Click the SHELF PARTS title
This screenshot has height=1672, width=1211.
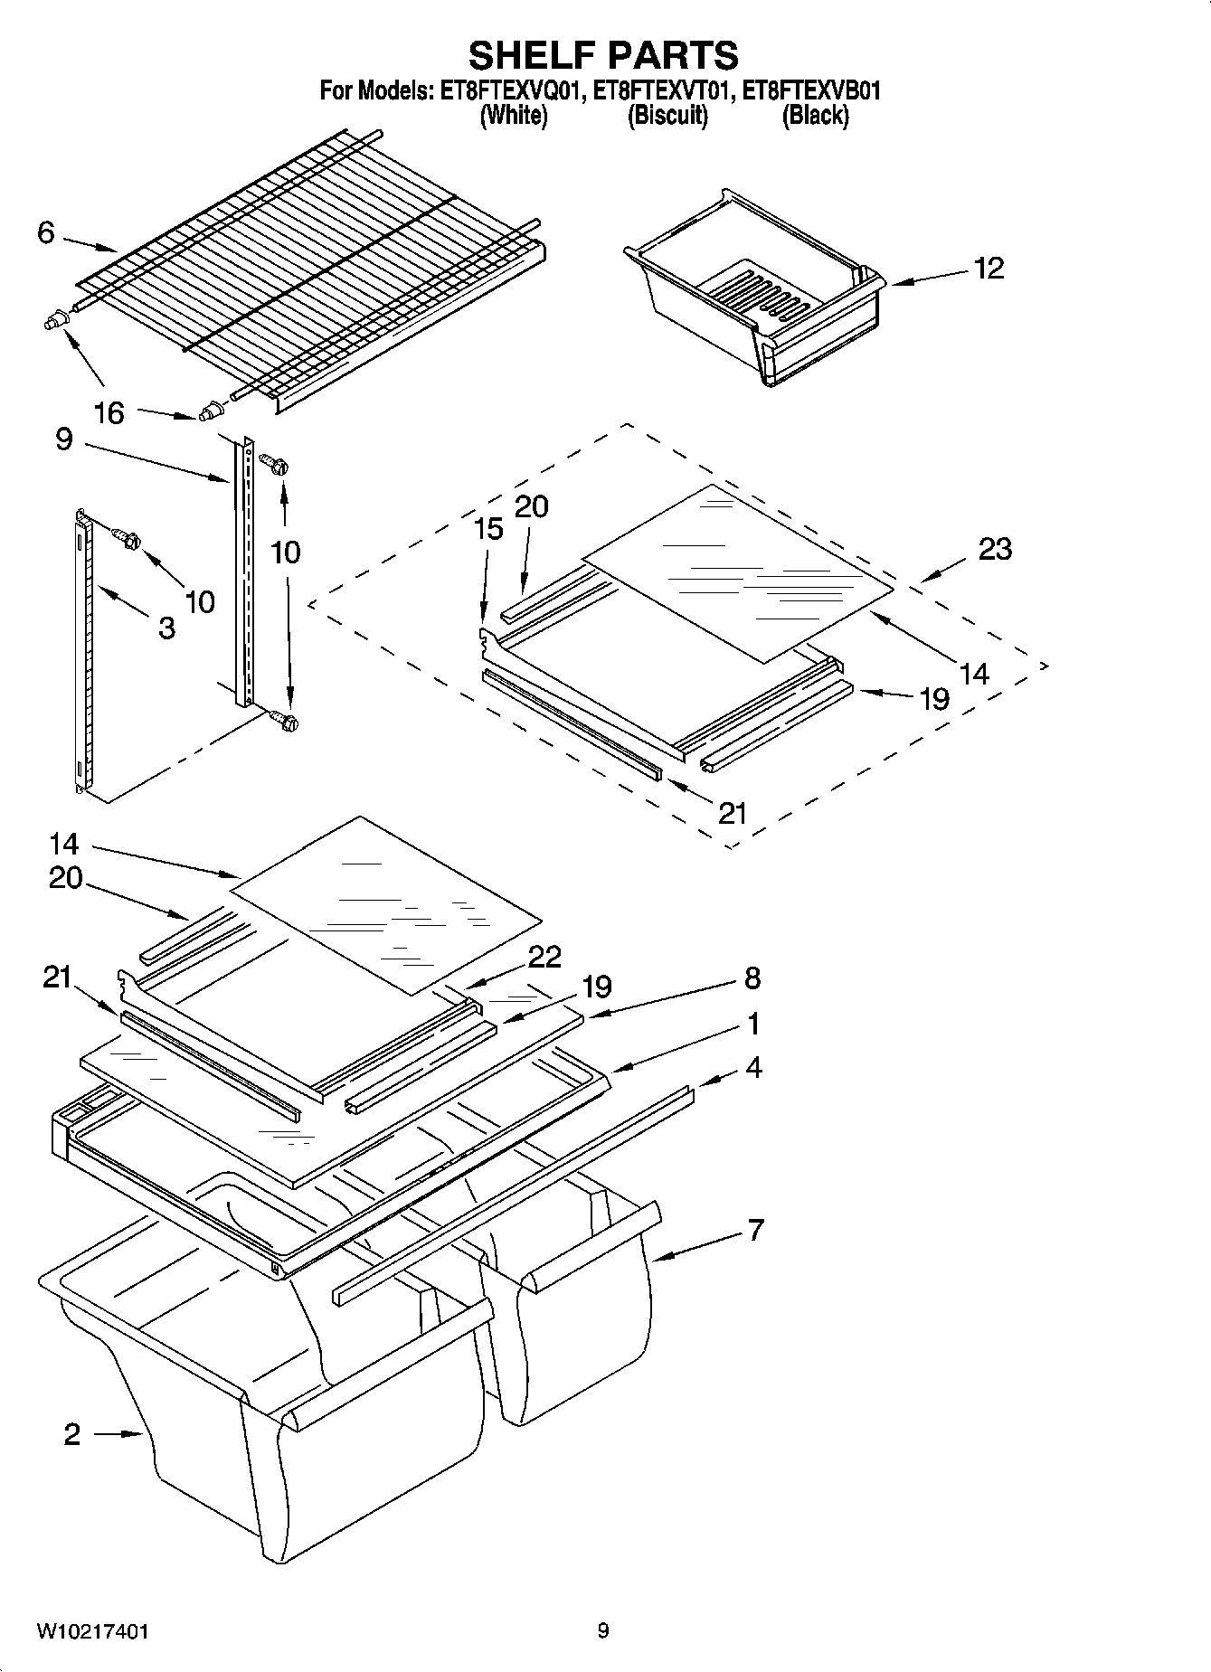tap(603, 56)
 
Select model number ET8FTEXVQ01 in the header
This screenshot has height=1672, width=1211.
tap(507, 91)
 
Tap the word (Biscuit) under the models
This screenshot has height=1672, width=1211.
tap(667, 116)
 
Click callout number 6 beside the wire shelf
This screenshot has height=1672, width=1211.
tap(45, 233)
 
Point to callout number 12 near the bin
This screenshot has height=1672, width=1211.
tap(989, 269)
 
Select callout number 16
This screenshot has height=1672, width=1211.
tap(109, 413)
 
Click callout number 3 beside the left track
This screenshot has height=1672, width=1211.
tap(166, 628)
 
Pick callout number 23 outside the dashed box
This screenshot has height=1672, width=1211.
tap(995, 549)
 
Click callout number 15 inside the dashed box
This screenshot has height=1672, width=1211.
tap(488, 529)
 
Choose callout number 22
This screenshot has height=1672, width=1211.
tap(544, 957)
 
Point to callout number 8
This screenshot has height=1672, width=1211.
tap(752, 978)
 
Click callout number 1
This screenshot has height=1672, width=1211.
tap(752, 1025)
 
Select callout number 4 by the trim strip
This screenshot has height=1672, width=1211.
tap(753, 1068)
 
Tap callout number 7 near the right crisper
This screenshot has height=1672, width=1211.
tap(755, 1230)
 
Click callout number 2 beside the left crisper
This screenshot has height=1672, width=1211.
tap(72, 1434)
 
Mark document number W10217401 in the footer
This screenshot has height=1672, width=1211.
tap(93, 1631)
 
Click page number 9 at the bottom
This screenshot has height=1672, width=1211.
tap(603, 1631)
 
